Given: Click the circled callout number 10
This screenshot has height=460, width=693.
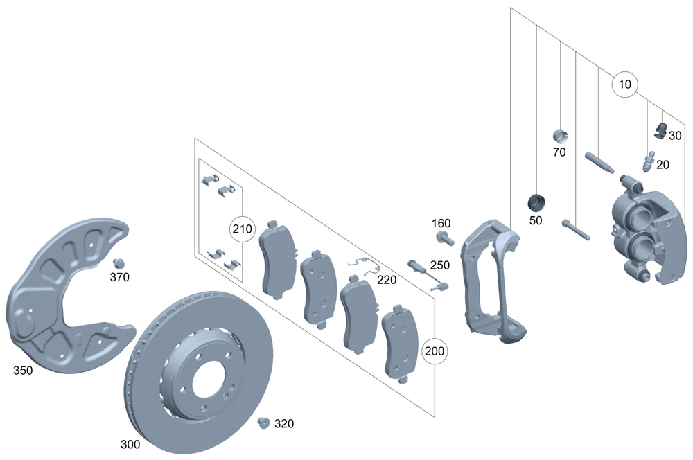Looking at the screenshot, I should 624,85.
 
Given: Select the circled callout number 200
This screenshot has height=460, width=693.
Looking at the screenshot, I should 435,351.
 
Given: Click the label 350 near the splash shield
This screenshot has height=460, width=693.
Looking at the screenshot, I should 23,371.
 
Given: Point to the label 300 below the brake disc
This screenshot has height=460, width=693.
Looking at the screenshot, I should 130,444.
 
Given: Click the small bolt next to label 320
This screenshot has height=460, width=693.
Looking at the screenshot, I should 263,422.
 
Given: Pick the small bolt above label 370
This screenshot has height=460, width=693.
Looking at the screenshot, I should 118,263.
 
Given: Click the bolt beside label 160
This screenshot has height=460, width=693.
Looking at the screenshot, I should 444,238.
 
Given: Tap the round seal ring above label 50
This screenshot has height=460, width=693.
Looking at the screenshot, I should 536,202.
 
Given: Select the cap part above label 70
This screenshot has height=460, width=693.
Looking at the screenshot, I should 560,135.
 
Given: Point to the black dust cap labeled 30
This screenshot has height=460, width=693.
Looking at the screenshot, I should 660,129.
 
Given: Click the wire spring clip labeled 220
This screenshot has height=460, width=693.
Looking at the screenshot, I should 363,265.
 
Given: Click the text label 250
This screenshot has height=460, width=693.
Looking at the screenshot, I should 440,265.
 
